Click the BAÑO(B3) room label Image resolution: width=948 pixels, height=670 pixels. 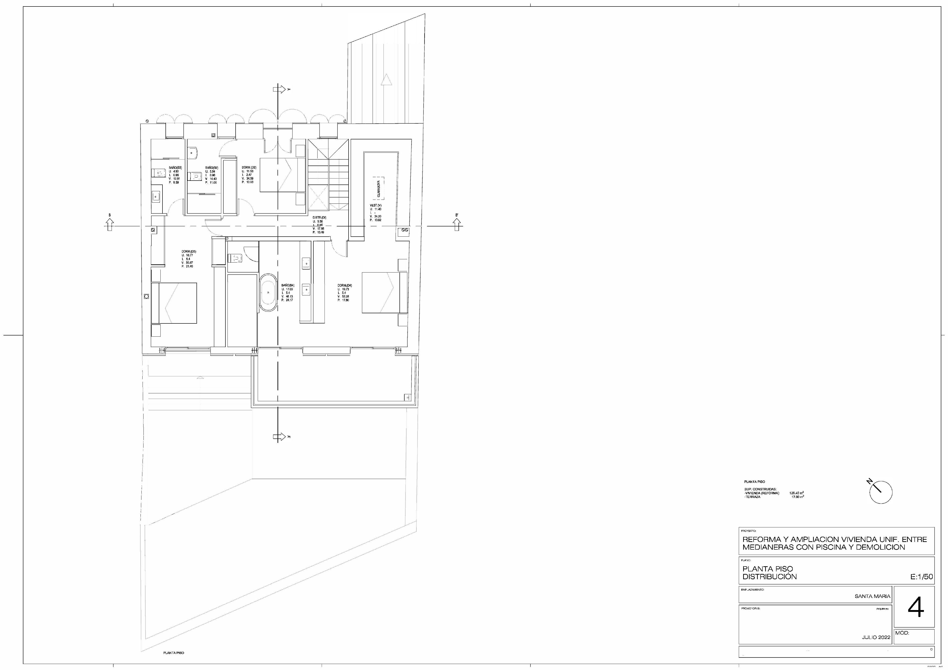[x=175, y=168]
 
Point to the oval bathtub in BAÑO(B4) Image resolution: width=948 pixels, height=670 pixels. [x=268, y=292]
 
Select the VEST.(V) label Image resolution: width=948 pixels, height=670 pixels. [x=376, y=205]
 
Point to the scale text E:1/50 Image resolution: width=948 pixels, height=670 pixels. [x=921, y=577]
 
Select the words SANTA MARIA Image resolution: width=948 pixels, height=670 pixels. [x=873, y=596]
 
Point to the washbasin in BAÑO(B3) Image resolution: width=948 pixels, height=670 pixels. [x=156, y=197]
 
